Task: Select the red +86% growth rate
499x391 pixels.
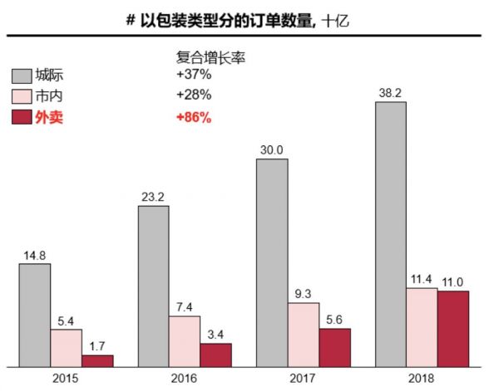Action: [x=193, y=118]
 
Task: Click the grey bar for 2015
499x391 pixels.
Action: [x=35, y=315]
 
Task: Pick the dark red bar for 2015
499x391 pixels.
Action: [x=97, y=360]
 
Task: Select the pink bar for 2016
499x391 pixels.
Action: [x=185, y=340]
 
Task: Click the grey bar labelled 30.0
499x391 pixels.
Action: [x=272, y=262]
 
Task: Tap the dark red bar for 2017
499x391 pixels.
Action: [x=334, y=347]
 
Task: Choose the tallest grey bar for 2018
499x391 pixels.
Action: [x=391, y=233]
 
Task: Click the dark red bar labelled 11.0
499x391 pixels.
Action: [x=453, y=328]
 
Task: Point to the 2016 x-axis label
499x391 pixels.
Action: [x=185, y=378]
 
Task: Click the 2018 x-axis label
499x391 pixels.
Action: [x=422, y=378]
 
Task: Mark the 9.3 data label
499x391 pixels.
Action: [x=304, y=295]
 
